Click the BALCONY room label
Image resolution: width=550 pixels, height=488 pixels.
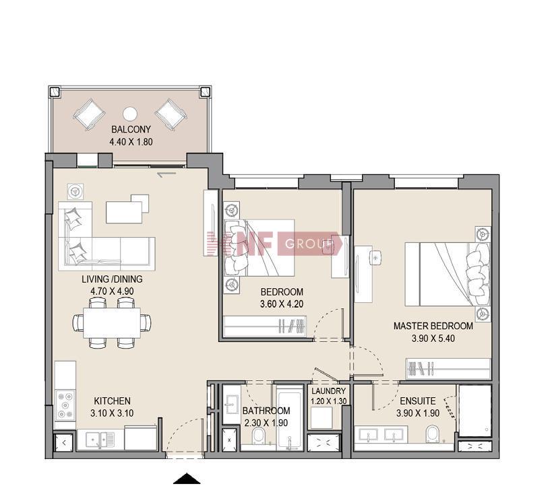point(131,129)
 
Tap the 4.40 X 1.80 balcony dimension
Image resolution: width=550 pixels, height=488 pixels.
point(131,142)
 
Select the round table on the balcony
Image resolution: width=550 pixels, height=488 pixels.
point(130,114)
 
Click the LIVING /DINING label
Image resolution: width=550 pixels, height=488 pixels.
point(112,279)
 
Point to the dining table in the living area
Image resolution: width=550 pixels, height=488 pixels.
point(112,322)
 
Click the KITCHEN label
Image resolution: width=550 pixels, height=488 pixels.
point(112,400)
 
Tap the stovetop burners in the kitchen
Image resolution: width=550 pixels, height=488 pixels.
point(65,405)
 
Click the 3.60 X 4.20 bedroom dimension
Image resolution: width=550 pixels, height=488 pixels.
point(282,304)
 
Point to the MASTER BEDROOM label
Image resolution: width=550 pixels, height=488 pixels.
point(433,326)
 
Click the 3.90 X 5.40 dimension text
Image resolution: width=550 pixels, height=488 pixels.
point(433,339)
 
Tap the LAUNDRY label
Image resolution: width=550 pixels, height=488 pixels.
point(329,391)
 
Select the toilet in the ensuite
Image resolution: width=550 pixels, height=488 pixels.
point(433,434)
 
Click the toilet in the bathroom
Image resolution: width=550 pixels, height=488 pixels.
point(259,436)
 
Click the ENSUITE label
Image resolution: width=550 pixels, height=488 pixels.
point(418,400)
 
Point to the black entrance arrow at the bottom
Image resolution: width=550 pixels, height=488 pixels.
point(187,479)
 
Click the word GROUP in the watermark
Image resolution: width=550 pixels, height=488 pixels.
point(309,244)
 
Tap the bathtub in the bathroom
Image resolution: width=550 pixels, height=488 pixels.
point(289,418)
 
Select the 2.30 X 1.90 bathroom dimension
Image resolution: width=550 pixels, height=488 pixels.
point(266,423)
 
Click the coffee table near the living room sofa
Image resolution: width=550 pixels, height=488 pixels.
point(124,211)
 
